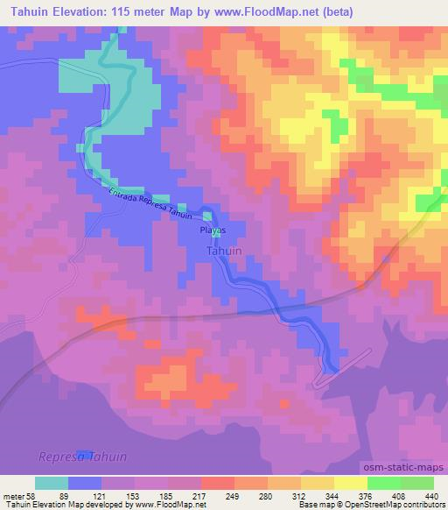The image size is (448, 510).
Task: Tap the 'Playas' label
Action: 213,230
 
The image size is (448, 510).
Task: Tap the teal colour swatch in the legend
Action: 52,483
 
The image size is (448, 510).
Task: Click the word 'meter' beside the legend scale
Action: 13,495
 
